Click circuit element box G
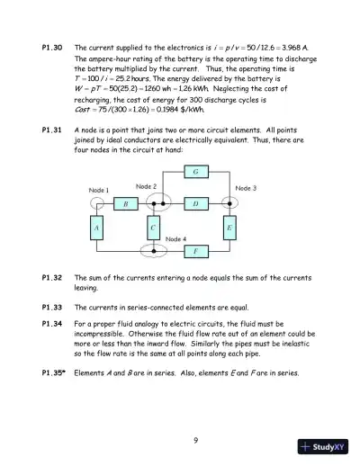point(196,171)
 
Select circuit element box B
point(125,204)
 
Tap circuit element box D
point(196,204)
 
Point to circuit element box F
point(196,251)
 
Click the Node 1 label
point(99,191)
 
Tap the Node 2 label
point(147,185)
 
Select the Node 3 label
point(246,188)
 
